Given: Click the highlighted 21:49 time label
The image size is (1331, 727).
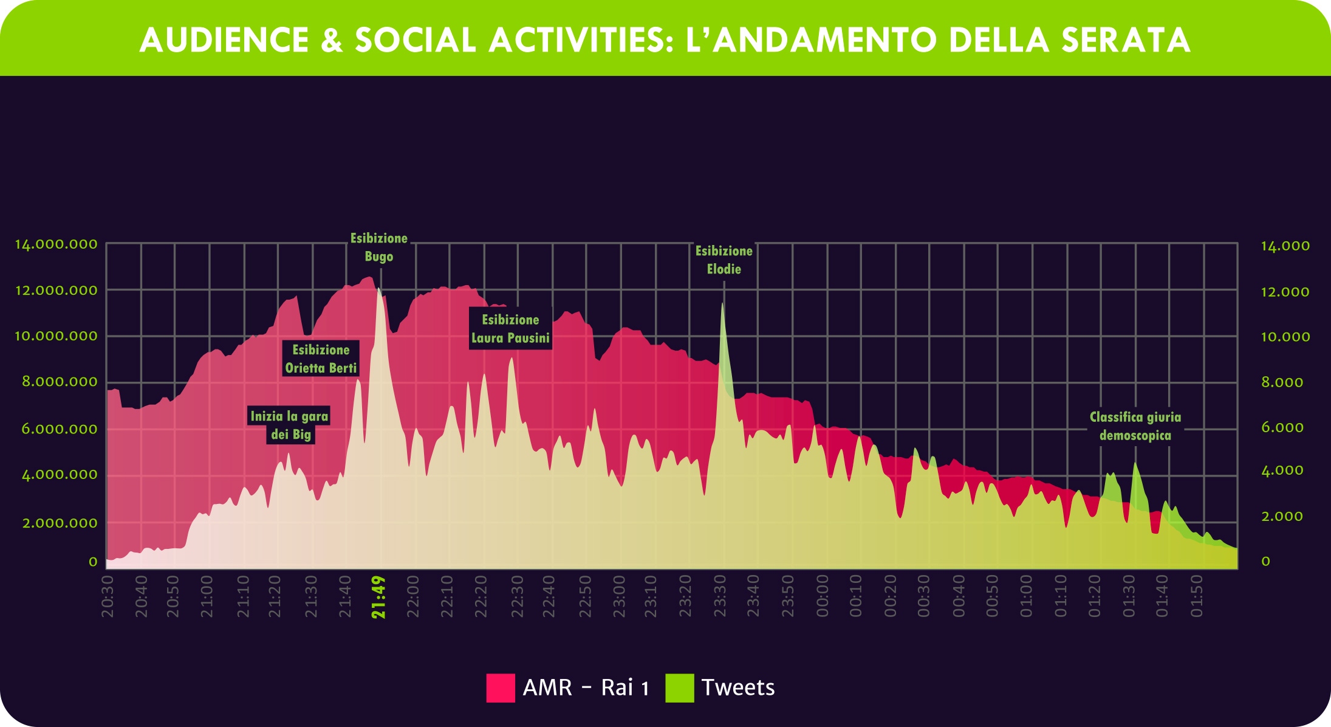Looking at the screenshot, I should [x=379, y=598].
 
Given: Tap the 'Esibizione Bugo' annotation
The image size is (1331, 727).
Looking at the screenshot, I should [x=379, y=247].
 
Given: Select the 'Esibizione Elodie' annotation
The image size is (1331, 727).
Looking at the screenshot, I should [x=724, y=260].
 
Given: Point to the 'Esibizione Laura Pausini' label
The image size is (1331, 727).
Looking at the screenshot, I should [x=510, y=329].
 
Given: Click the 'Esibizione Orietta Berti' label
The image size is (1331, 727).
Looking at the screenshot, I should [x=321, y=359].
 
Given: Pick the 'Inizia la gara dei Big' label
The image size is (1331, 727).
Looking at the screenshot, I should [x=290, y=425].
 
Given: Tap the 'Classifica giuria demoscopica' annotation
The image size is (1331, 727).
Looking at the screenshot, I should [x=1135, y=426].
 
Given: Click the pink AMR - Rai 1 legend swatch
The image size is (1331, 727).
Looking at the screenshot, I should [x=501, y=687].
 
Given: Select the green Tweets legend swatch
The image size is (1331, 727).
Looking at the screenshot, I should [x=679, y=687].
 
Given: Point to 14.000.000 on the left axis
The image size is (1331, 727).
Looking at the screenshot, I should [x=56, y=244].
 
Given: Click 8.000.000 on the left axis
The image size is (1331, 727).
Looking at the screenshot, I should [x=60, y=382].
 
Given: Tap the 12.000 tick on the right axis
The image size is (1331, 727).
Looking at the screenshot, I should [x=1285, y=292].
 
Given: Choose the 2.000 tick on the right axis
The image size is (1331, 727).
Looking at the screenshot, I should [x=1282, y=516].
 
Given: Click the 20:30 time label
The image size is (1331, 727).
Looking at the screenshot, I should [x=108, y=597].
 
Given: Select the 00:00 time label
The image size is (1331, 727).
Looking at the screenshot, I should [x=822, y=597].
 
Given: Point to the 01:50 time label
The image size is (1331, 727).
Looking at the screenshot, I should [x=1196, y=597].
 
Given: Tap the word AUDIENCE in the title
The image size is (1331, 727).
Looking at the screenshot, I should [x=224, y=40].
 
